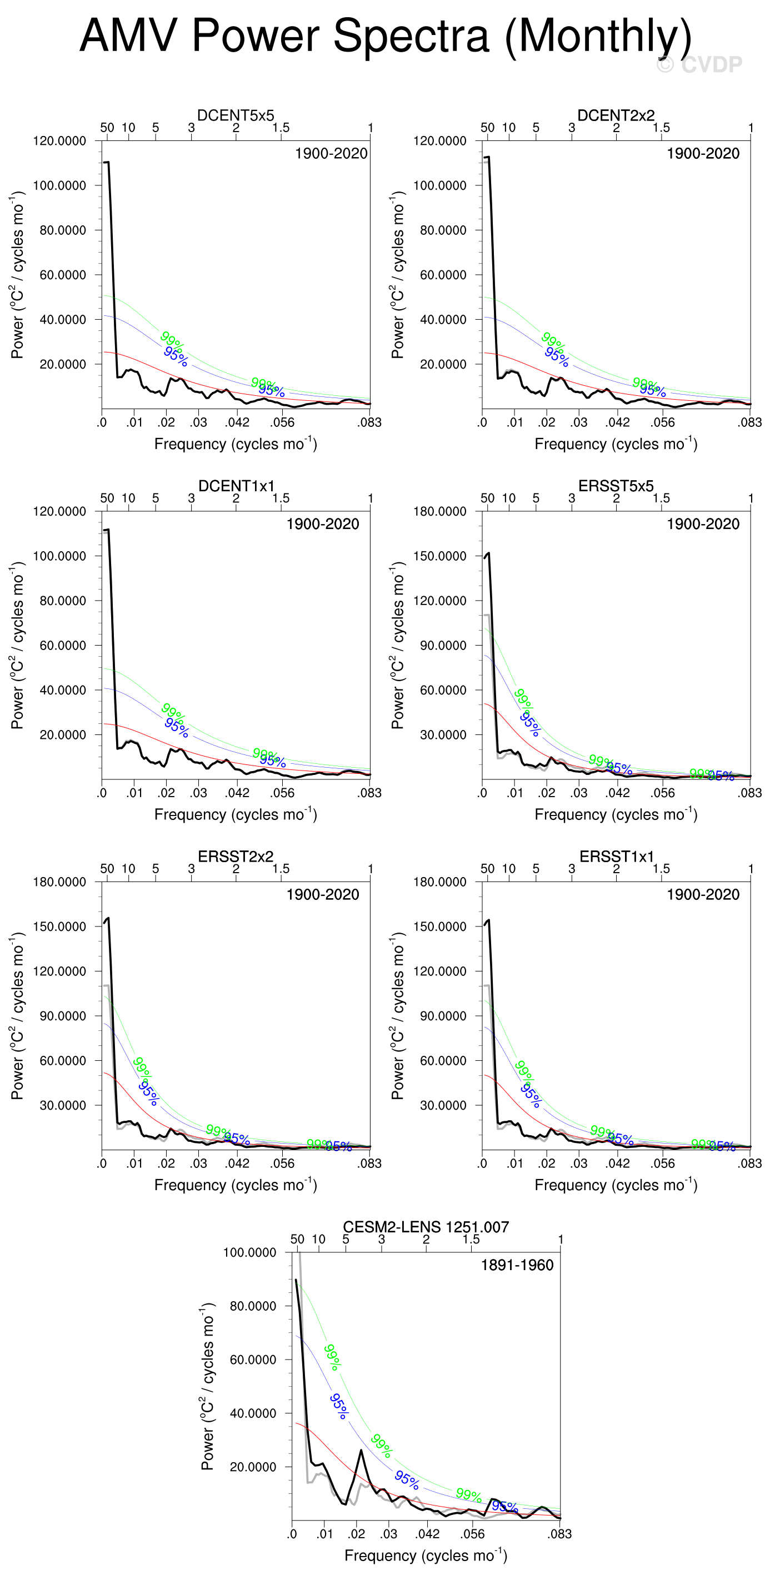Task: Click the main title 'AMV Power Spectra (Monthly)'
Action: (x=385, y=36)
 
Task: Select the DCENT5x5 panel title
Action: (x=235, y=115)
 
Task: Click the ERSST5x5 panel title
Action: (x=616, y=486)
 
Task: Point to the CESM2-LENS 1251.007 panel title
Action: (x=426, y=1227)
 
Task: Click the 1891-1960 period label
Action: (x=517, y=1265)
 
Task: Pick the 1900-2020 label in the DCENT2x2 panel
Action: (x=703, y=153)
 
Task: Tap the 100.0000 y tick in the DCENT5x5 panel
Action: (x=59, y=185)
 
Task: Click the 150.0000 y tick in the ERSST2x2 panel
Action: (x=59, y=926)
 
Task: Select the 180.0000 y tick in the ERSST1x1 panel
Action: (x=439, y=882)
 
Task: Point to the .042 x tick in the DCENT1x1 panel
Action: (x=237, y=793)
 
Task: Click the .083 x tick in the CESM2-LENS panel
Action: (x=559, y=1534)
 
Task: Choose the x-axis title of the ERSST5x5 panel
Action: (x=616, y=814)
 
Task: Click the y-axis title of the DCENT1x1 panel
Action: (x=17, y=645)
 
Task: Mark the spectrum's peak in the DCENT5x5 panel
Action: (x=107, y=162)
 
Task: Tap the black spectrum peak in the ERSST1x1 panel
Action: (x=488, y=920)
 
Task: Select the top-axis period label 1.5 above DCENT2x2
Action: (x=661, y=128)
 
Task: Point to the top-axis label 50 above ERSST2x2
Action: (x=107, y=868)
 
